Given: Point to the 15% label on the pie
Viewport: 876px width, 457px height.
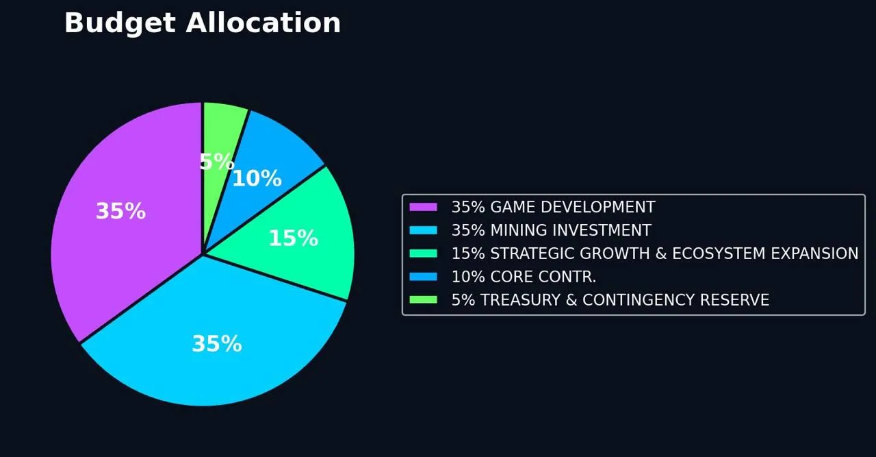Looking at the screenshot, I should (x=293, y=238).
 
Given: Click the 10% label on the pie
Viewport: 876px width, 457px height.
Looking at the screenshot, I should (x=257, y=179).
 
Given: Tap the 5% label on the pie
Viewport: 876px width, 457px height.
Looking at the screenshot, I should (x=216, y=162).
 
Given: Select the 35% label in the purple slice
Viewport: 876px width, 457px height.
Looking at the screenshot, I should (x=120, y=211).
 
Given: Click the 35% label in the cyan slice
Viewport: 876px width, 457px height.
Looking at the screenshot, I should (x=216, y=344).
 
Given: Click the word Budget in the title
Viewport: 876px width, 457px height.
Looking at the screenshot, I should (x=120, y=23).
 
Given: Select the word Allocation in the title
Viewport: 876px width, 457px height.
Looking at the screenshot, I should (x=263, y=23).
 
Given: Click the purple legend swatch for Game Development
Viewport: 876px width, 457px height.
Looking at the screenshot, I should (x=423, y=207).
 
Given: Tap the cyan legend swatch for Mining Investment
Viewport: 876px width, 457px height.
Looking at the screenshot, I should (x=423, y=230).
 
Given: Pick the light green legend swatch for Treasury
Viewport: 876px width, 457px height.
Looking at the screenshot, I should (x=423, y=300).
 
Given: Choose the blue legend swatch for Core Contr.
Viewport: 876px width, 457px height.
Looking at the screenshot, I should (x=423, y=277).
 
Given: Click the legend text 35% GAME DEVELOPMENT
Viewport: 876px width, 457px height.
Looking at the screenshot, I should (x=553, y=207).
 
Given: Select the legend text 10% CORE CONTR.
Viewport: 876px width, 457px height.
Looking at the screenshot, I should (x=524, y=277).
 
